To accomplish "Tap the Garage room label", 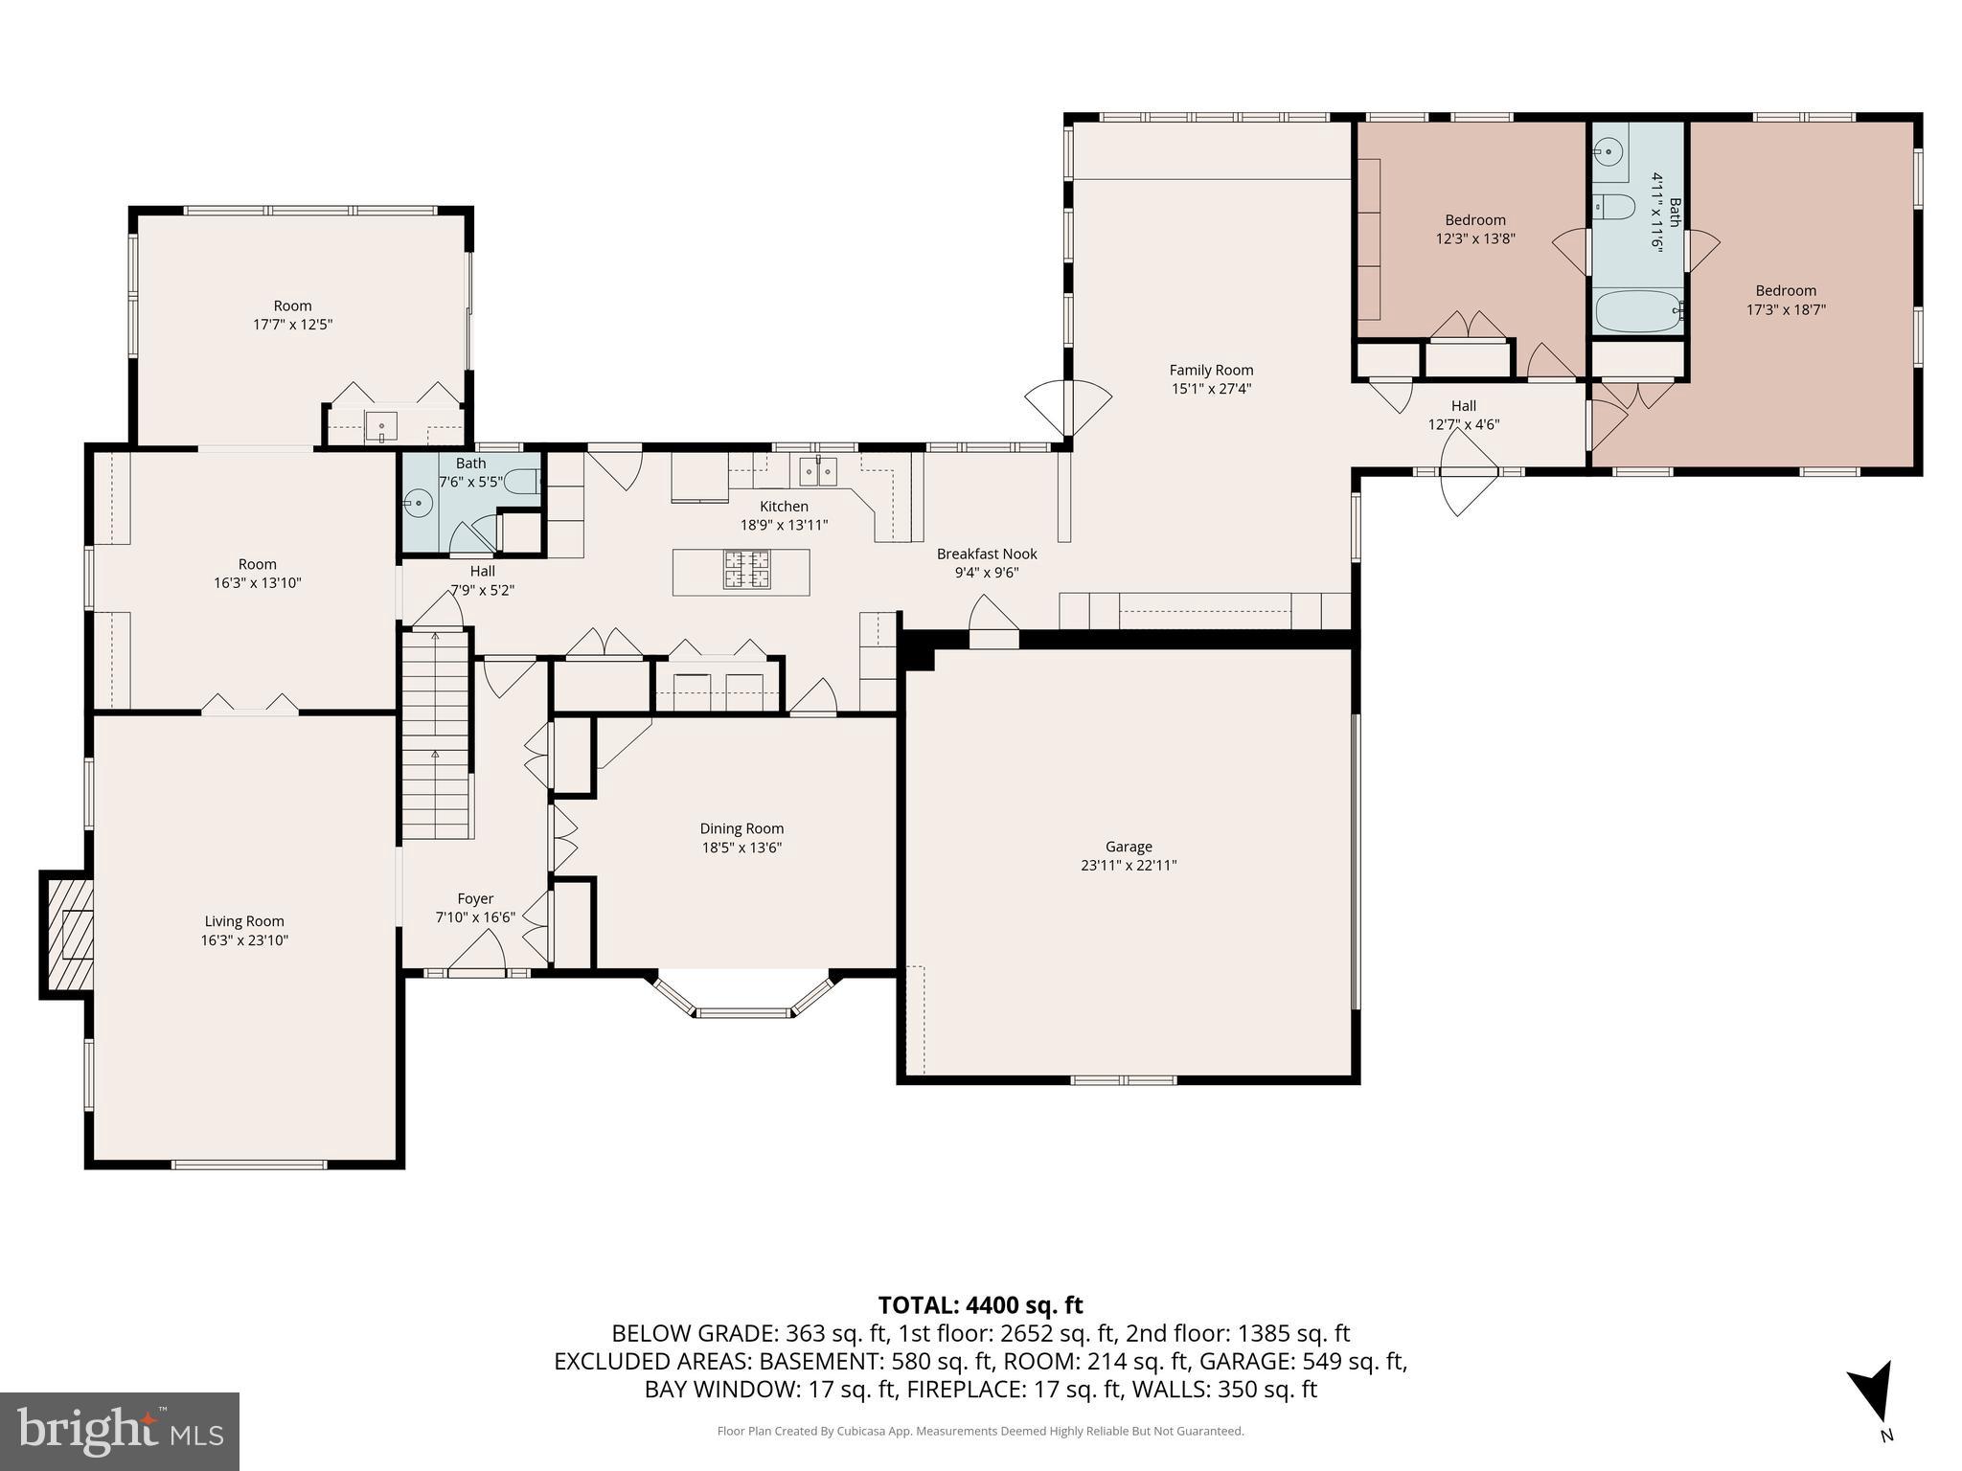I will coord(1129,847).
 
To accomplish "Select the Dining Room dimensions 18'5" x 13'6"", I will coord(741,848).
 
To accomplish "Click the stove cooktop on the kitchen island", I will coord(746,570).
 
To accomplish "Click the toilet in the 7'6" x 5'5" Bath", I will coord(522,482).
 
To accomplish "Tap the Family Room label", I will coord(1211,370).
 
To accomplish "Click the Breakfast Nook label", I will coord(987,554).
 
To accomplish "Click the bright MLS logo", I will coord(120,1431).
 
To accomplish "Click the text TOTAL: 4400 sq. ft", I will coord(980,1305).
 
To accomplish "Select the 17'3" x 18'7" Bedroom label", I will coord(1786,291).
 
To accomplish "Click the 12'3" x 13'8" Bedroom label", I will coord(1475,220).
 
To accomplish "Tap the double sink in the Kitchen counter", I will coord(819,471).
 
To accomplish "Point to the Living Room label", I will coord(244,921).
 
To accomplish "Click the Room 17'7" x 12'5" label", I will coord(293,306).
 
